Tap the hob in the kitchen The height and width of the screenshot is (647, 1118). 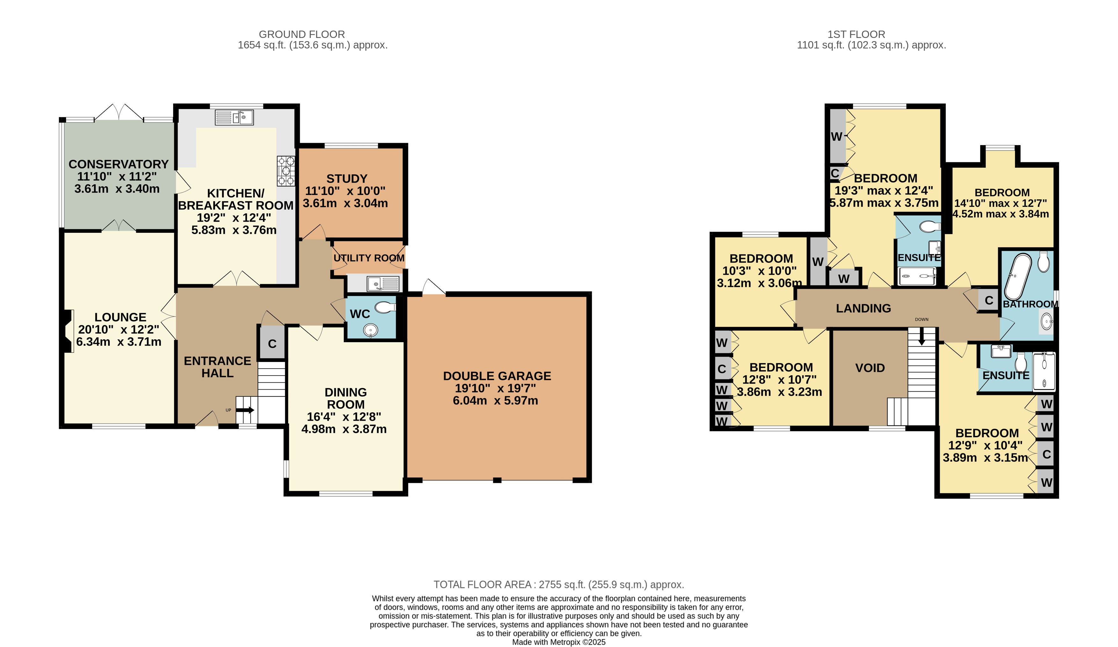tap(286, 170)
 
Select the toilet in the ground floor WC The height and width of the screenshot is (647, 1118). tap(385, 307)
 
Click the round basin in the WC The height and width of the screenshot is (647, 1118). tap(370, 330)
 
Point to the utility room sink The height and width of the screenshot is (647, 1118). tap(383, 283)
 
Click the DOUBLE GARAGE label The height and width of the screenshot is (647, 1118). tap(497, 376)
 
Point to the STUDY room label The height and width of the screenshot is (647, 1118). tap(347, 179)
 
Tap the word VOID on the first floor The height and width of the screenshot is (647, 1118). tap(870, 368)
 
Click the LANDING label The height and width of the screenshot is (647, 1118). tap(863, 308)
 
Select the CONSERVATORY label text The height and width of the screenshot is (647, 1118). tap(119, 164)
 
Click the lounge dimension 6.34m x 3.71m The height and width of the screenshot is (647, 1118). tap(119, 342)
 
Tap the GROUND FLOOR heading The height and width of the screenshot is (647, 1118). tap(302, 34)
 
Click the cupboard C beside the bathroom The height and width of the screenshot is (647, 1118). tap(989, 300)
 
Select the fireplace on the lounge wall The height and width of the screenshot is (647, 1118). tap(68, 331)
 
